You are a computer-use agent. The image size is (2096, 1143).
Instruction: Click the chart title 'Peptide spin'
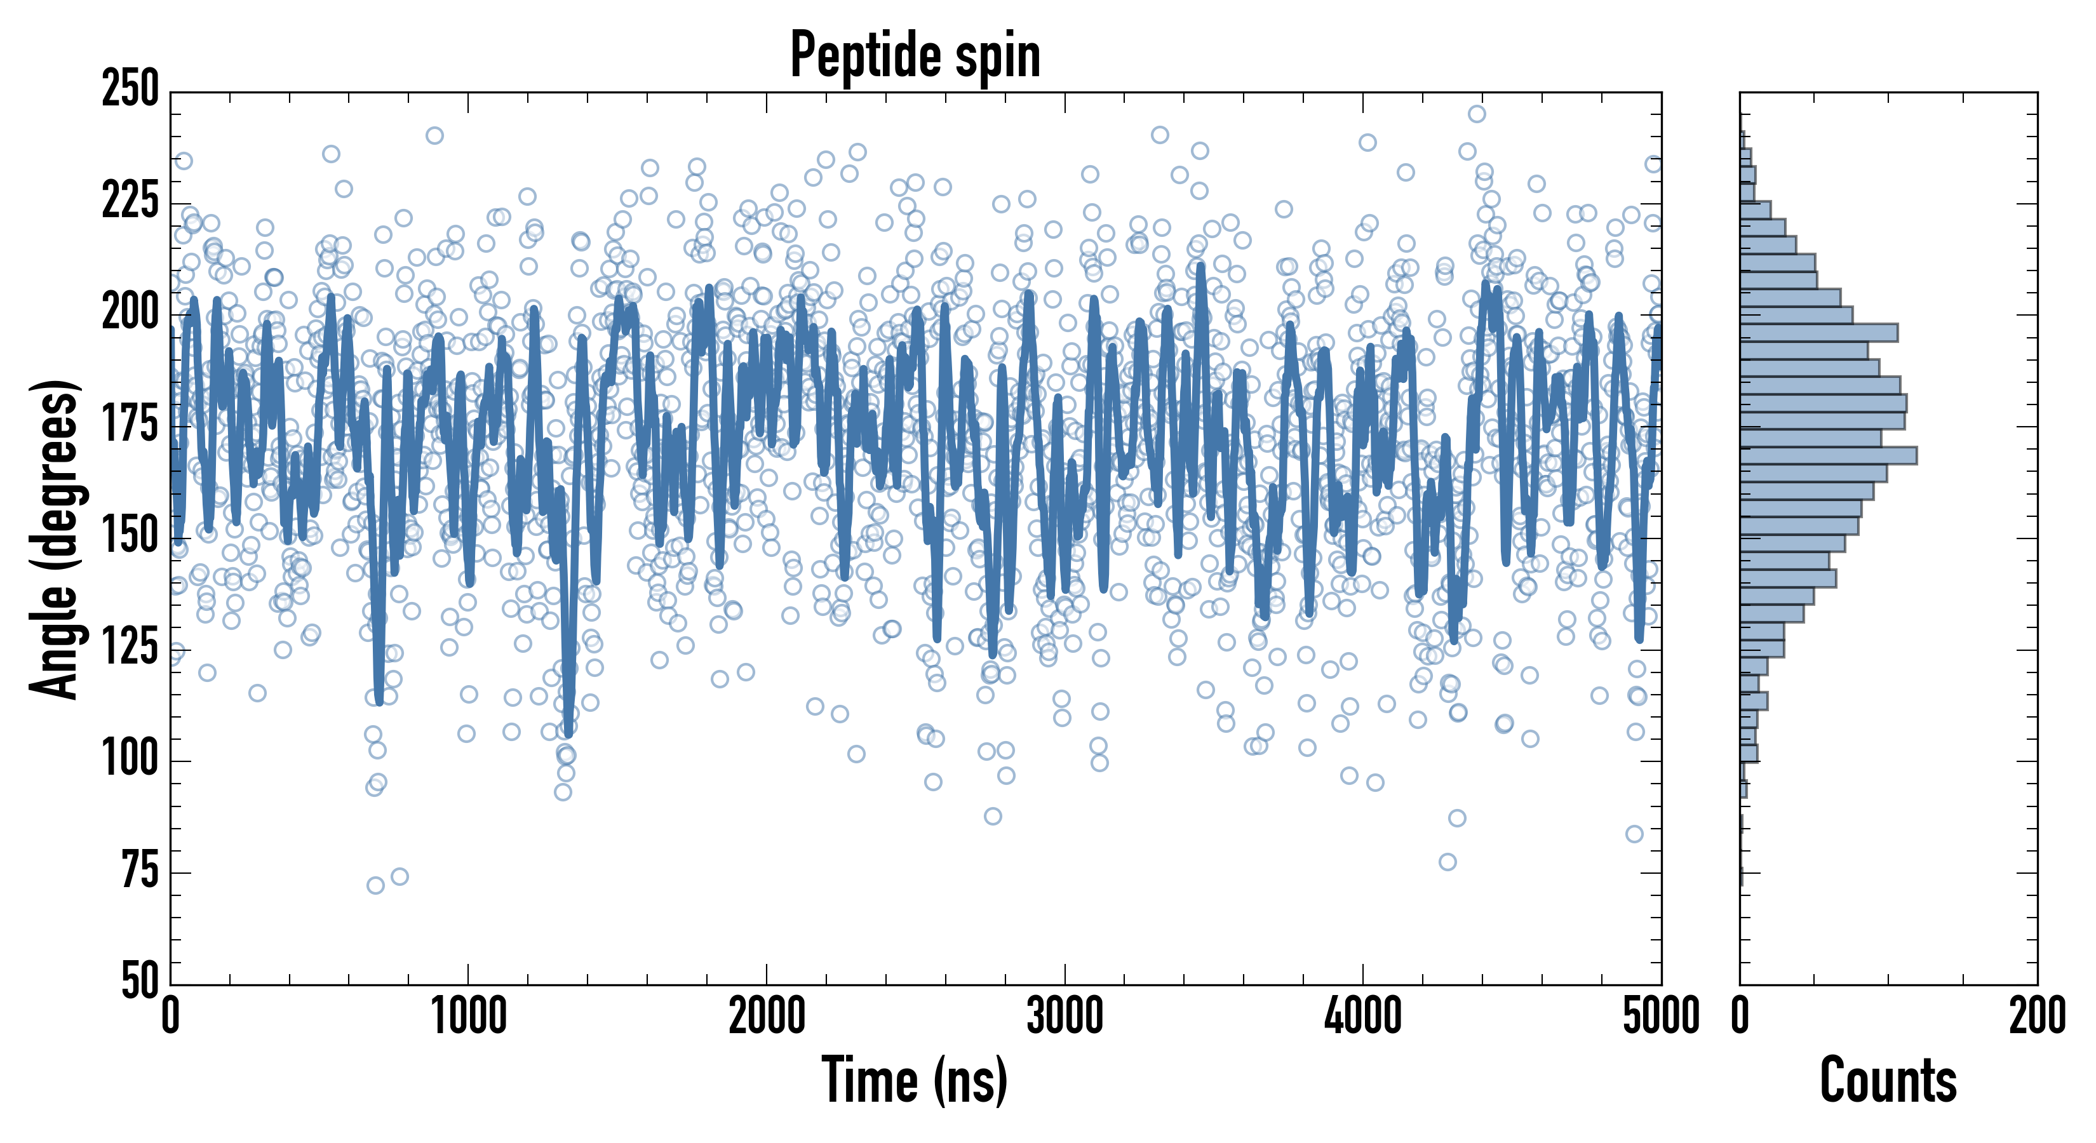(x=915, y=55)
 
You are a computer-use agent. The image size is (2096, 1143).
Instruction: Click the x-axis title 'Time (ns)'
(x=915, y=1080)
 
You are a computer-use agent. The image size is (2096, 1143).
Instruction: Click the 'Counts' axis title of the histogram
(x=1888, y=1080)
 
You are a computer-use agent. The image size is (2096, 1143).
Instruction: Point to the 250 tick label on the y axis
(x=130, y=90)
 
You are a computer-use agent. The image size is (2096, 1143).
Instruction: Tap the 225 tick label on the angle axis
(x=130, y=201)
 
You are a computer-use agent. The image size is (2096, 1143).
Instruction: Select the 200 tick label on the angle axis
(x=130, y=312)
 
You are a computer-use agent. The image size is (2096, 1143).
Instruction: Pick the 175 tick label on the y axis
(x=130, y=424)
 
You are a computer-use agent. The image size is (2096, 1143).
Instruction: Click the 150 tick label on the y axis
(x=130, y=535)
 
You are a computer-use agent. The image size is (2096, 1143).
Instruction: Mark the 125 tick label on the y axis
(x=130, y=647)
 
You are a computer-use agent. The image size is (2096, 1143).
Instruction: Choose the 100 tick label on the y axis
(x=130, y=758)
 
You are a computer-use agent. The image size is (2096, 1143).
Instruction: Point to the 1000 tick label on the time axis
(x=469, y=1017)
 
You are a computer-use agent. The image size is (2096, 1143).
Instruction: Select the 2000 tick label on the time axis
(x=767, y=1017)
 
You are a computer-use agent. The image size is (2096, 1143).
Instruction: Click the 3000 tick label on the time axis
(x=1065, y=1017)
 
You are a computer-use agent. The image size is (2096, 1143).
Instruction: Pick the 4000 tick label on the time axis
(x=1363, y=1017)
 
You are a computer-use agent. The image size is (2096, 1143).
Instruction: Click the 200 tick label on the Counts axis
(x=2036, y=1017)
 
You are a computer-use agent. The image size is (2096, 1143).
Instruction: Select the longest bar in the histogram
(x=1829, y=455)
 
